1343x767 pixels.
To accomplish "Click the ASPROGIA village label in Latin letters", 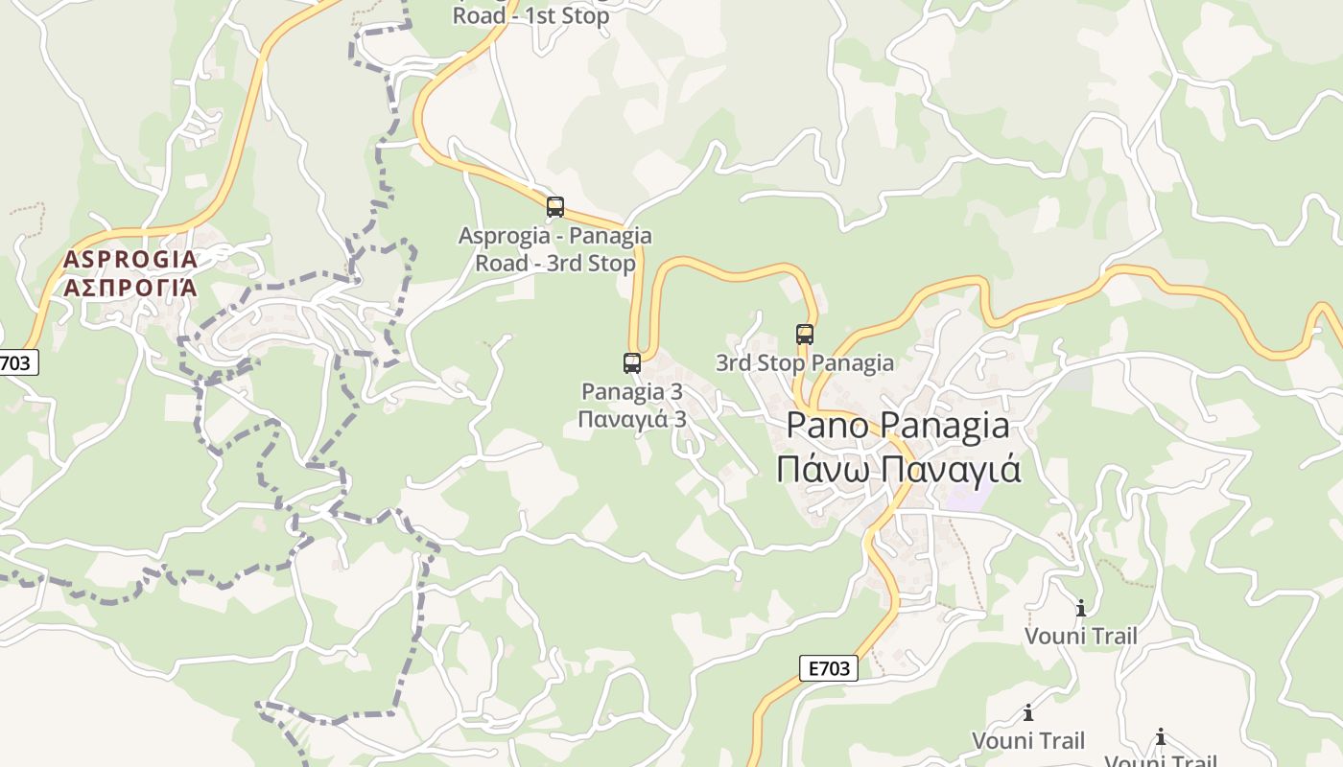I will [x=130, y=259].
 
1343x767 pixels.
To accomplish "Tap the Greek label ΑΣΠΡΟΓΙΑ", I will [x=130, y=288].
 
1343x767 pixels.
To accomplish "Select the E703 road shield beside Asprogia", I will [x=16, y=362].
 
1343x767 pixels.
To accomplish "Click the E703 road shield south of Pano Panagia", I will [x=828, y=668].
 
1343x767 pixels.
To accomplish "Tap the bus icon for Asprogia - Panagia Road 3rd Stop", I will [x=555, y=207].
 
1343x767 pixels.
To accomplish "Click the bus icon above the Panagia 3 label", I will [x=632, y=362].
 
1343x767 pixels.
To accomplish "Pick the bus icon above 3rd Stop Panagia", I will [x=805, y=335].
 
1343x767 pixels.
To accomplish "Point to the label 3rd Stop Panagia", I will [x=805, y=363].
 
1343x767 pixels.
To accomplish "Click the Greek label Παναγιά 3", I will [x=632, y=420].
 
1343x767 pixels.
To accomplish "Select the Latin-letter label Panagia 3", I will [x=632, y=391].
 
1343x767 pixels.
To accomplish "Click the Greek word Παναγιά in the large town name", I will [x=952, y=470].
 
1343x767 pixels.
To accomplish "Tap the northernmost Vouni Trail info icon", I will [x=1081, y=608].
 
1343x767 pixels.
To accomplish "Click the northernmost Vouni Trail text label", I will [x=1081, y=637].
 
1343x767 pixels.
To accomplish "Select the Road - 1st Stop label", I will [x=530, y=16].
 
